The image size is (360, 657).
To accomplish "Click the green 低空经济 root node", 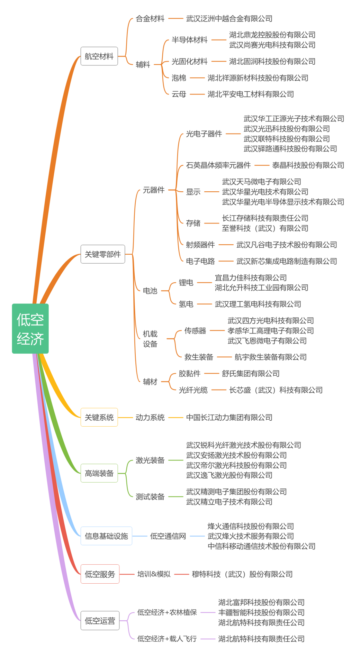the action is [30, 328].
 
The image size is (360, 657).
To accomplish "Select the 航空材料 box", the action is [99, 56].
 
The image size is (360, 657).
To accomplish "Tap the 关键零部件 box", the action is [102, 254].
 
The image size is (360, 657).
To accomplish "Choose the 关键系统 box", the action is [99, 417].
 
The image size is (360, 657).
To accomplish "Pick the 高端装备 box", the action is [99, 473].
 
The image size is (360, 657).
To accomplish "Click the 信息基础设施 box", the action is [106, 536].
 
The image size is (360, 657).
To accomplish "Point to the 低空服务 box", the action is [100, 574].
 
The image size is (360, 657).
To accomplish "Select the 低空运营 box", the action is [100, 621].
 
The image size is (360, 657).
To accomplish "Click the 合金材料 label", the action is [150, 19].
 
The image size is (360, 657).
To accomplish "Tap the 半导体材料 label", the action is [190, 40].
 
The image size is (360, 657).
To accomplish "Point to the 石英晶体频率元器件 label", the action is [218, 165].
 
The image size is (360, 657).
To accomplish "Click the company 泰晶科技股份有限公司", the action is [308, 165].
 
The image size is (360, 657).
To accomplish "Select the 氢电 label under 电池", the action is [186, 304].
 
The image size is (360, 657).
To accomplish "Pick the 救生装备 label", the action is [199, 357].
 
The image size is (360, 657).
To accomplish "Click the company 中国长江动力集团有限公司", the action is [229, 418].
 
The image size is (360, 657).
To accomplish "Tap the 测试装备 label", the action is [150, 497].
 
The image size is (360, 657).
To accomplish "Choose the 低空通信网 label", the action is [168, 536].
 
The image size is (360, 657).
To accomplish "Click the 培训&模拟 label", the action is [154, 574].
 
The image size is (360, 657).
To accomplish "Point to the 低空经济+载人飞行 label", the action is [167, 639].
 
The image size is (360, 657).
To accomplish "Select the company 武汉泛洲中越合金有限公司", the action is [229, 19].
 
